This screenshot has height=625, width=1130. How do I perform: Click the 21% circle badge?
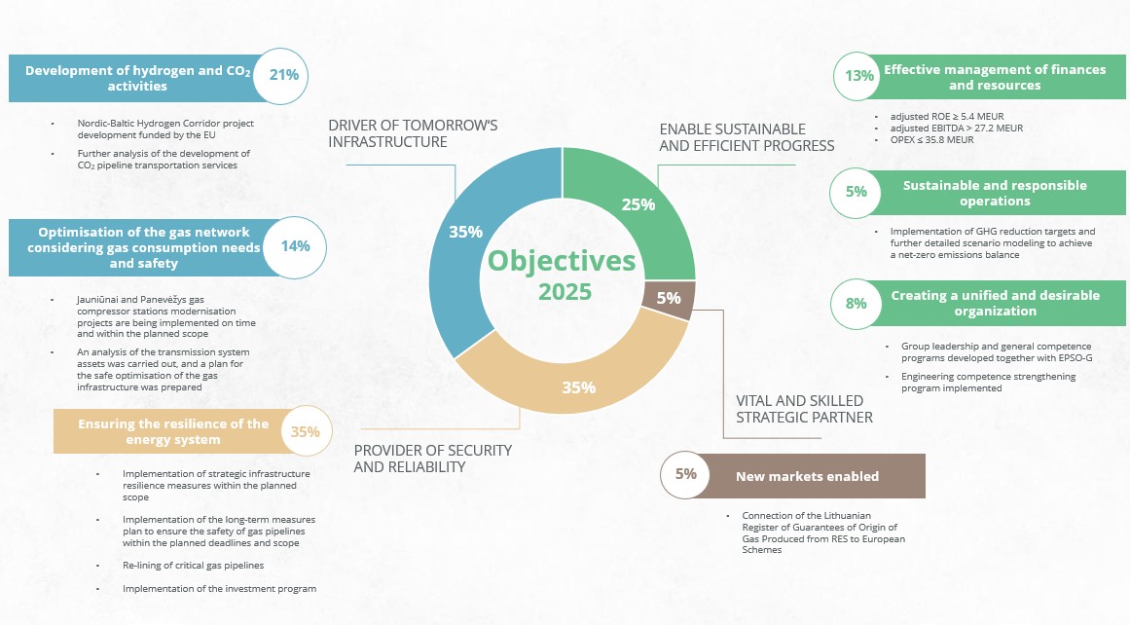point(283,76)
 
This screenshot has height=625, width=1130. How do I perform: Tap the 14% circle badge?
point(295,246)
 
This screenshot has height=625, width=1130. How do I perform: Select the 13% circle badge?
point(859,77)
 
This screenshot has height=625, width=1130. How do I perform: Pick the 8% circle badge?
point(856,304)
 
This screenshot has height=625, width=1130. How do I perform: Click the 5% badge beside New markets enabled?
point(686,475)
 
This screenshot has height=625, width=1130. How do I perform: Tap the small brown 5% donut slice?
point(669,299)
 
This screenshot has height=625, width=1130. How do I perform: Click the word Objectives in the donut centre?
point(562,261)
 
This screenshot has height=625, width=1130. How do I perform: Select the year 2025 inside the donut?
point(565,292)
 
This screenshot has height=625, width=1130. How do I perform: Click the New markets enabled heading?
point(807,476)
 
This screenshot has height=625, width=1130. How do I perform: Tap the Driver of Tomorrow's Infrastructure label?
point(413,134)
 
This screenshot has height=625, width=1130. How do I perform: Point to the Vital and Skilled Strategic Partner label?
point(799,409)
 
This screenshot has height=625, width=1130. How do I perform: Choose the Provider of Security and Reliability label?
point(432,459)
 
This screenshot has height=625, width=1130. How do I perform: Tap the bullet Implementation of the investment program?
point(219,589)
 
